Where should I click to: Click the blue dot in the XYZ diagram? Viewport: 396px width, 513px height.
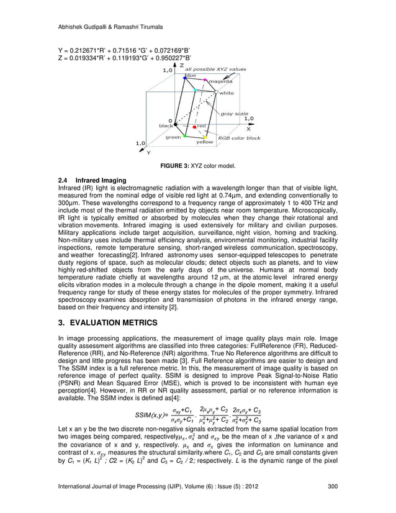click(185, 77)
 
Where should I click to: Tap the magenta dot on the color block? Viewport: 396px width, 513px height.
click(206, 79)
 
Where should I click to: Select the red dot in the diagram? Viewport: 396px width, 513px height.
click(195, 126)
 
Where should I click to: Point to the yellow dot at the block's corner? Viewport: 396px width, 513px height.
click(197, 137)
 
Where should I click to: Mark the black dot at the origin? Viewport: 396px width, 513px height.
click(176, 121)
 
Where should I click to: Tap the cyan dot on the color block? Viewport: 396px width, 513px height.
click(196, 90)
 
